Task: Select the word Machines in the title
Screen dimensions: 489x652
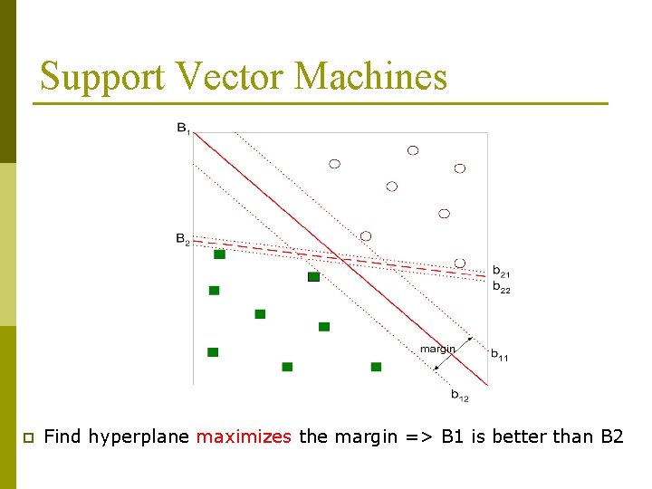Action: [x=371, y=76]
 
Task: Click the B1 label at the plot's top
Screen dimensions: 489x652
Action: [x=183, y=129]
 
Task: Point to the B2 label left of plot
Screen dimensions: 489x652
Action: [x=182, y=239]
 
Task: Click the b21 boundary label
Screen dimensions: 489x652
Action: [x=501, y=271]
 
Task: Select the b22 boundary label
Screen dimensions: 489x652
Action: [x=501, y=288]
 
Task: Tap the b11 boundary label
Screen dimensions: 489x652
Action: [x=500, y=356]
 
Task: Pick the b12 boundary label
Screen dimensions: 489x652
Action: [x=460, y=395]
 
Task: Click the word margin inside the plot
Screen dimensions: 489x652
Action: [x=437, y=349]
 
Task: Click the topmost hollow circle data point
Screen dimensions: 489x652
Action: [x=413, y=150]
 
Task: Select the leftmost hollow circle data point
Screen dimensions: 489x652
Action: [x=334, y=164]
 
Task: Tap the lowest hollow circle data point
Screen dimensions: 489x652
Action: [x=459, y=263]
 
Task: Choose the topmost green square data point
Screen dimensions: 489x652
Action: [x=219, y=254]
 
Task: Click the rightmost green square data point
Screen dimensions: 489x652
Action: [x=376, y=367]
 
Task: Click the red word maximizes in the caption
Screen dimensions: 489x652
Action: [x=244, y=436]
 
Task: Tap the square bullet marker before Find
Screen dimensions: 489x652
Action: [x=27, y=437]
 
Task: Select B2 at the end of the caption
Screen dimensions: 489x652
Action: [x=612, y=436]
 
